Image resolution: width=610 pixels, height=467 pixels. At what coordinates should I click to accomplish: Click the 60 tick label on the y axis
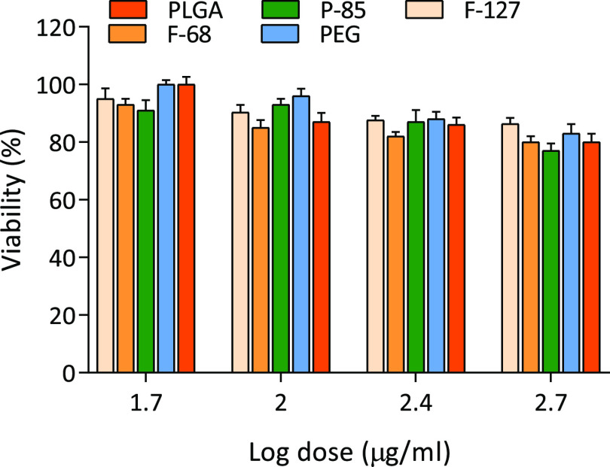pyautogui.click(x=60, y=201)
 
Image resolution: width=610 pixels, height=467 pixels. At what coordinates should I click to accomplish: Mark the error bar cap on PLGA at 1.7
pyautogui.click(x=186, y=77)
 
